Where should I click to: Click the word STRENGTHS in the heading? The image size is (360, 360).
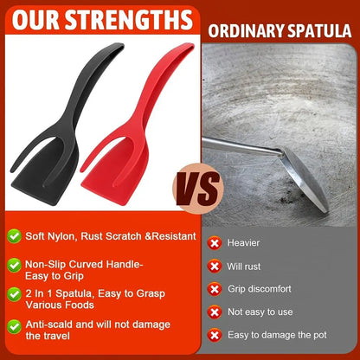tap(129, 20)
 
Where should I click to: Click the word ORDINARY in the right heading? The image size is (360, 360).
tap(247, 31)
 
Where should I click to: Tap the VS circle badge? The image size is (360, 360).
tap(198, 189)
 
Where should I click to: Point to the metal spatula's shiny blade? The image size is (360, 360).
tap(305, 179)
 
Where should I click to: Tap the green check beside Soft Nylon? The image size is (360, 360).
tap(14, 236)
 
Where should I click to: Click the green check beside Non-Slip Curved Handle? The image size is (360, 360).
tap(14, 265)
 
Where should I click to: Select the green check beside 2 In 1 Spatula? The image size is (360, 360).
tap(14, 294)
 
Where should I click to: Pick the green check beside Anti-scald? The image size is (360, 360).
tap(14, 327)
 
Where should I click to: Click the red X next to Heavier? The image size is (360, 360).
tap(215, 243)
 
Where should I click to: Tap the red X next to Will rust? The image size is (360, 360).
tap(215, 267)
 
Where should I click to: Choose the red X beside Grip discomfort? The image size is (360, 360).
tap(215, 289)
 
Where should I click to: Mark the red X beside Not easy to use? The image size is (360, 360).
tap(215, 312)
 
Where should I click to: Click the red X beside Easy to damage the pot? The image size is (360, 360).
tap(215, 335)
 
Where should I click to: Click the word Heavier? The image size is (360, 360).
tap(243, 243)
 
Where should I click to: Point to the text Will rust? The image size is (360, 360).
tap(244, 267)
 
